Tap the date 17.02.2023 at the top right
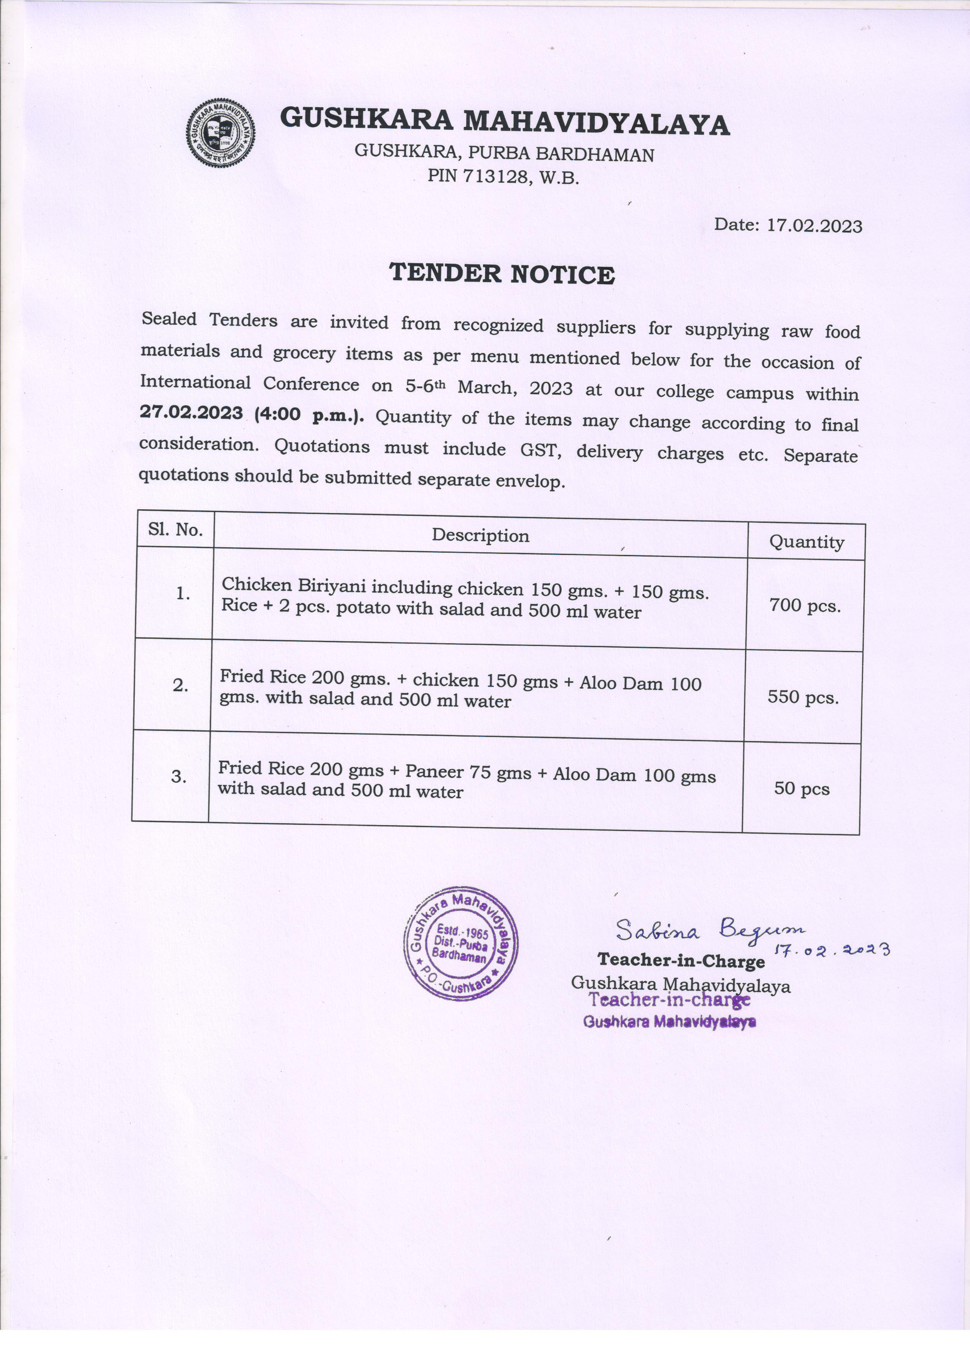point(814,226)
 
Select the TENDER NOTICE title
point(502,274)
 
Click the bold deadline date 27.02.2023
point(191,412)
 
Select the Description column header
point(480,535)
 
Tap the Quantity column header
point(806,542)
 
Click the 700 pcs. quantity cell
point(805,606)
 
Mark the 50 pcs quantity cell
point(802,789)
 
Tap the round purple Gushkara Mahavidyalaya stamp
point(461,944)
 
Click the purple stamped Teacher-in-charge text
point(669,1001)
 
